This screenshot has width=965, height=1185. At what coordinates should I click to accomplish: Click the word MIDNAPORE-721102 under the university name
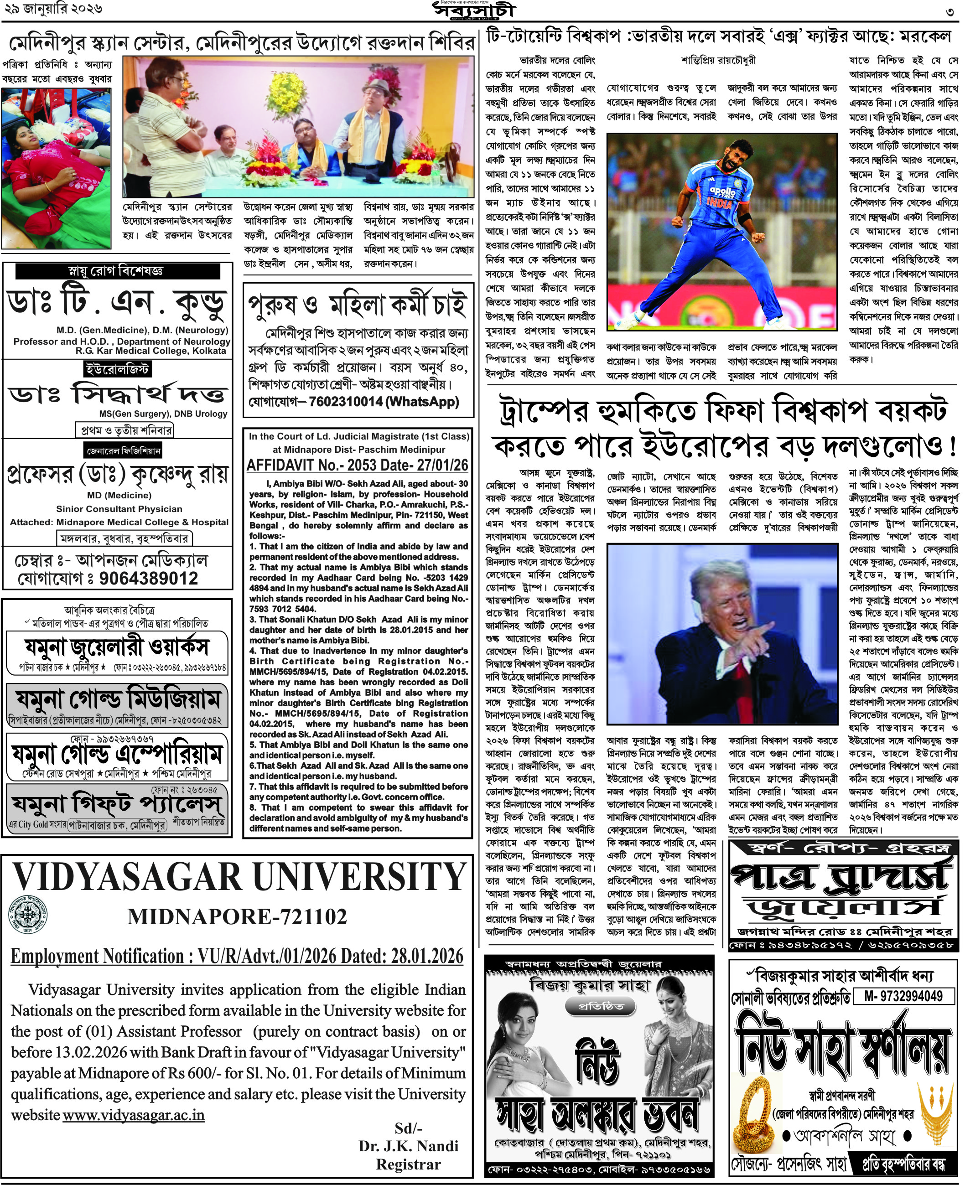tap(237, 916)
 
